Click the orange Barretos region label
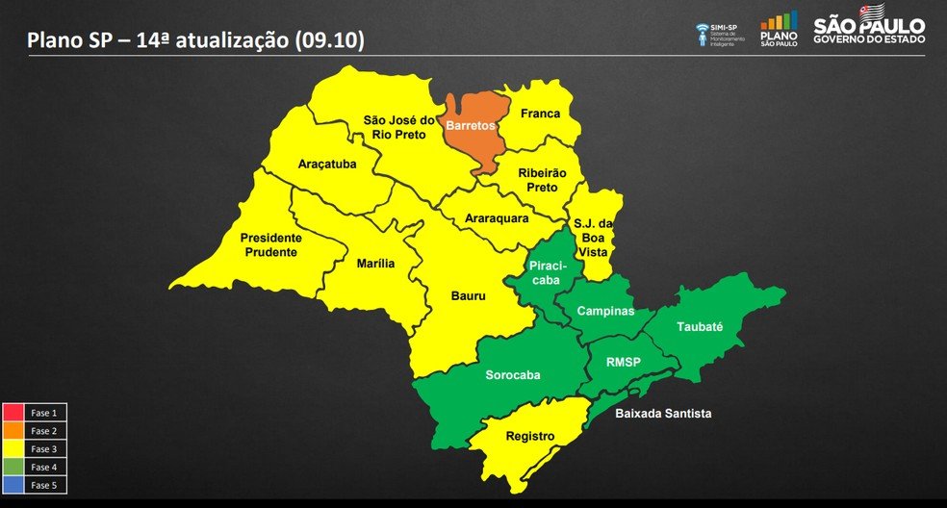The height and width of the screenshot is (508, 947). tap(471, 125)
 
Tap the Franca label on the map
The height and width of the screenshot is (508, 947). tap(540, 114)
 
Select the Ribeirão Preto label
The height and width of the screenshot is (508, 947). tap(543, 180)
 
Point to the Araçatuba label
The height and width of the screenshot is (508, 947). tap(327, 165)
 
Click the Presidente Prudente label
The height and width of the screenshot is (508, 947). tap(270, 244)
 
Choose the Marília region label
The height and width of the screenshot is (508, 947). tap(375, 264)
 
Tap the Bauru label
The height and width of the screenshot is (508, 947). tap(469, 296)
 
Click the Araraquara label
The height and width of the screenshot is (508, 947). tap(497, 218)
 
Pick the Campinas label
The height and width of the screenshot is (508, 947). tap(606, 312)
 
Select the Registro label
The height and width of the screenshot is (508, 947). tap(529, 436)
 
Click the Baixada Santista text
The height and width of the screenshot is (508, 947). tap(663, 413)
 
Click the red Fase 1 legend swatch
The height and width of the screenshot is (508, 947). tap(13, 413)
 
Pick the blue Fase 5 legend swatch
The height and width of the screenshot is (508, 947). tap(13, 485)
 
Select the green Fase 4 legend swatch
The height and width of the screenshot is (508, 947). tap(13, 467)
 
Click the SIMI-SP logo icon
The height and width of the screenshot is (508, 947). tap(702, 33)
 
